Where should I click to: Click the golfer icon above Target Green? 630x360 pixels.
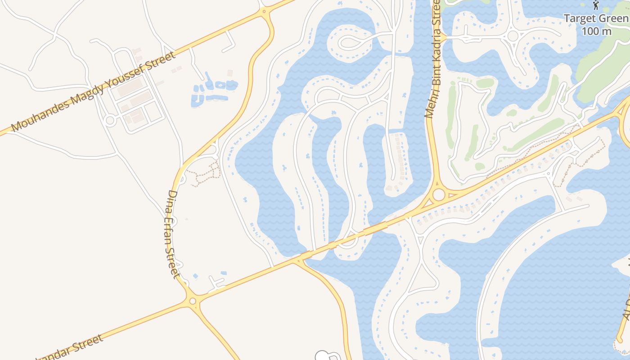click(596, 5)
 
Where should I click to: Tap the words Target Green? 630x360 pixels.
click(596, 18)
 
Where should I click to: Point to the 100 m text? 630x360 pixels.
click(596, 31)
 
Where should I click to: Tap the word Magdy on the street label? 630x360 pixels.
click(86, 92)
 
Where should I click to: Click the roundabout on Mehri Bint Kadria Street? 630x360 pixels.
click(438, 195)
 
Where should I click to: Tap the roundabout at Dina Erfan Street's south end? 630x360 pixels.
click(193, 301)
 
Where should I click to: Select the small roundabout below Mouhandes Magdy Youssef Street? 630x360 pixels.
click(109, 120)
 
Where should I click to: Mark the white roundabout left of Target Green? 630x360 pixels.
click(513, 36)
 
